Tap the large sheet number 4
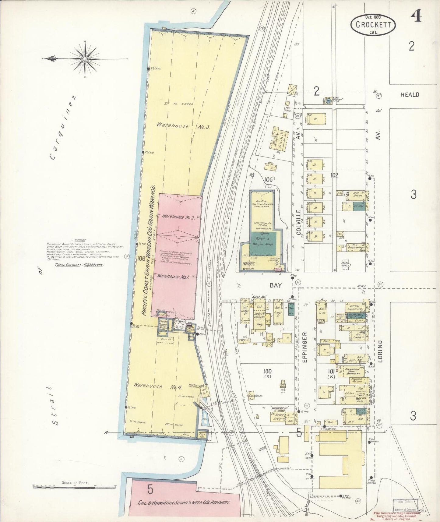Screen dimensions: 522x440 pyautogui.click(x=416, y=16)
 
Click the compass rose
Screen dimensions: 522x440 pyautogui.click(x=85, y=59)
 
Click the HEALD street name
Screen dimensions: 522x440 pyautogui.click(x=410, y=95)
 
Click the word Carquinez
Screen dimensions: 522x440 pyautogui.click(x=63, y=128)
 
